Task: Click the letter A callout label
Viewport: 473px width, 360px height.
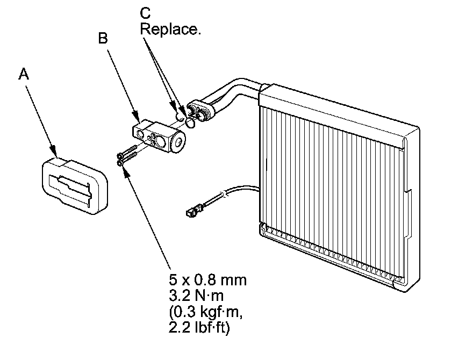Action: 23,74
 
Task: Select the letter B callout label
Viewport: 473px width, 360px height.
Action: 103,38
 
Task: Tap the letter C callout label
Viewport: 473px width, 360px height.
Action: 146,12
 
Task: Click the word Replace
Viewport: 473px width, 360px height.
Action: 170,29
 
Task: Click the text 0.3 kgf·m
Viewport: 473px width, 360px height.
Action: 203,312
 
